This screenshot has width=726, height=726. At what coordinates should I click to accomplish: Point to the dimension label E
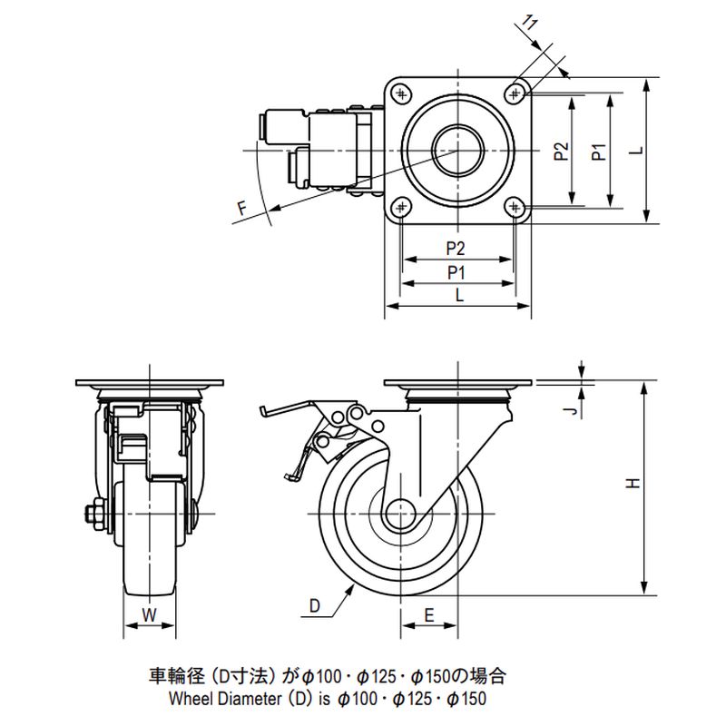429,615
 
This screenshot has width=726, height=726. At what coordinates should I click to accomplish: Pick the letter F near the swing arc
241,211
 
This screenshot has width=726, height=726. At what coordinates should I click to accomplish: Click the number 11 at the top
535,25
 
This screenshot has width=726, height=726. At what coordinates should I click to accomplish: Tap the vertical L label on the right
636,151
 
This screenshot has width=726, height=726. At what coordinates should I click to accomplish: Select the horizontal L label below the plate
457,295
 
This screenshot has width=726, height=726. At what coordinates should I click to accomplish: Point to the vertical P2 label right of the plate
561,151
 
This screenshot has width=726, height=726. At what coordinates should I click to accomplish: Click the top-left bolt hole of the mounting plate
400,91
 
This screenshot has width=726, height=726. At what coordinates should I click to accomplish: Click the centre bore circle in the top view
457,150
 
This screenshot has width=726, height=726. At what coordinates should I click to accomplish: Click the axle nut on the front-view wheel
94,515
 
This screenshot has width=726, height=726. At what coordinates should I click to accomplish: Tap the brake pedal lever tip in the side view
263,411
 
